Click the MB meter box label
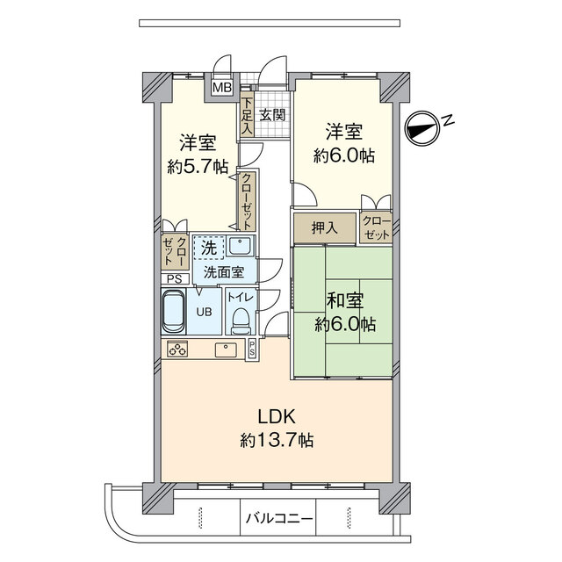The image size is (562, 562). pos(222,87)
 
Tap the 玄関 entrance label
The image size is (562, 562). pos(272,115)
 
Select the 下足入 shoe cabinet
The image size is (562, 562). pos(247,116)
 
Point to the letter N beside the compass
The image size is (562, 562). pos(447,121)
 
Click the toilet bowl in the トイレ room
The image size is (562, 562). pos(241,321)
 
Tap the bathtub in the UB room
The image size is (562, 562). pos(174,311)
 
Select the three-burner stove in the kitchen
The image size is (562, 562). pos(177,349)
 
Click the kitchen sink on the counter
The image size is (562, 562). pos(226,349)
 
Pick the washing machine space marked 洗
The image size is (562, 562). pos(209,248)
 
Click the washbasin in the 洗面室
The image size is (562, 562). pos(241,246)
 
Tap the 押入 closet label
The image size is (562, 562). pos(325,227)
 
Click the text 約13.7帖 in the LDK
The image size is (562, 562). pos(277,439)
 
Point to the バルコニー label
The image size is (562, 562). pos(279,518)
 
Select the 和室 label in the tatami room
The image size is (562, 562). pos(344,300)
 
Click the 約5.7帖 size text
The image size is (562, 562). pos(198,167)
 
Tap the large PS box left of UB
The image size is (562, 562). pos(175,279)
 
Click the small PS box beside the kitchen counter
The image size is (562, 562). pos(252,349)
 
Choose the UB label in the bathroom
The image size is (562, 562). pos(204,312)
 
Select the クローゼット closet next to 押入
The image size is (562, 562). pos(376,228)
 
